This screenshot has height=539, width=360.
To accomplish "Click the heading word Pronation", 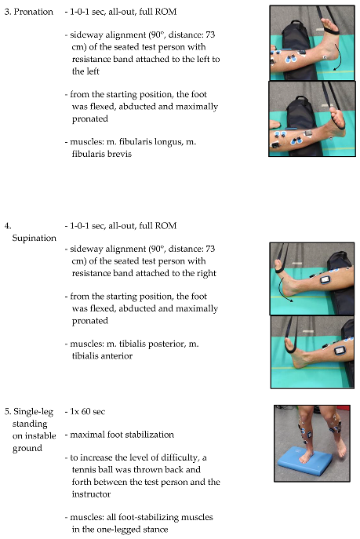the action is [33, 12].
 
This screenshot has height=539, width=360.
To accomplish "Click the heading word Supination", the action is [34, 239].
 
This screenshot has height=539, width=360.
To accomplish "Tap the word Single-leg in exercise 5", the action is [33, 412].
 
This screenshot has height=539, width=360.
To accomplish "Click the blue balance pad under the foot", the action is [305, 461].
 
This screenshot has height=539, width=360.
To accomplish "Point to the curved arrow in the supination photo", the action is [282, 290].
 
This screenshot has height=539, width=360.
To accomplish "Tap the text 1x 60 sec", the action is [88, 412].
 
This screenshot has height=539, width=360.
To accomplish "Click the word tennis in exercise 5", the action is [83, 470].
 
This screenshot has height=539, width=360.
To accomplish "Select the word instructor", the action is [91, 494].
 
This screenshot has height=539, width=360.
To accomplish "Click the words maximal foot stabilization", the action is [122, 435].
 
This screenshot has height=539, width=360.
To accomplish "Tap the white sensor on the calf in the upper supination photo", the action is [325, 279].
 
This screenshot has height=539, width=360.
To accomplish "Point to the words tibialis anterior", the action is [102, 356].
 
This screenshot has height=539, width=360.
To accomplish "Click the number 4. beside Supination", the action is [8, 226].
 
